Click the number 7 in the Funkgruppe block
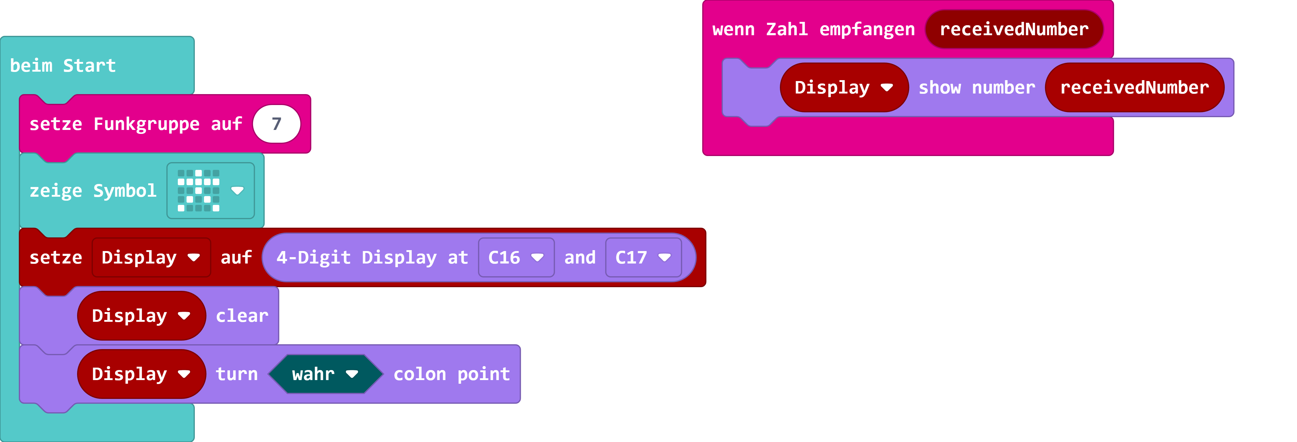tap(276, 124)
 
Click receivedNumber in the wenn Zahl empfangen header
tap(1014, 29)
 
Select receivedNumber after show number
tap(1134, 88)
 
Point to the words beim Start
tap(63, 66)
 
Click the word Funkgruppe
tap(146, 124)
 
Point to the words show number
tap(976, 88)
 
